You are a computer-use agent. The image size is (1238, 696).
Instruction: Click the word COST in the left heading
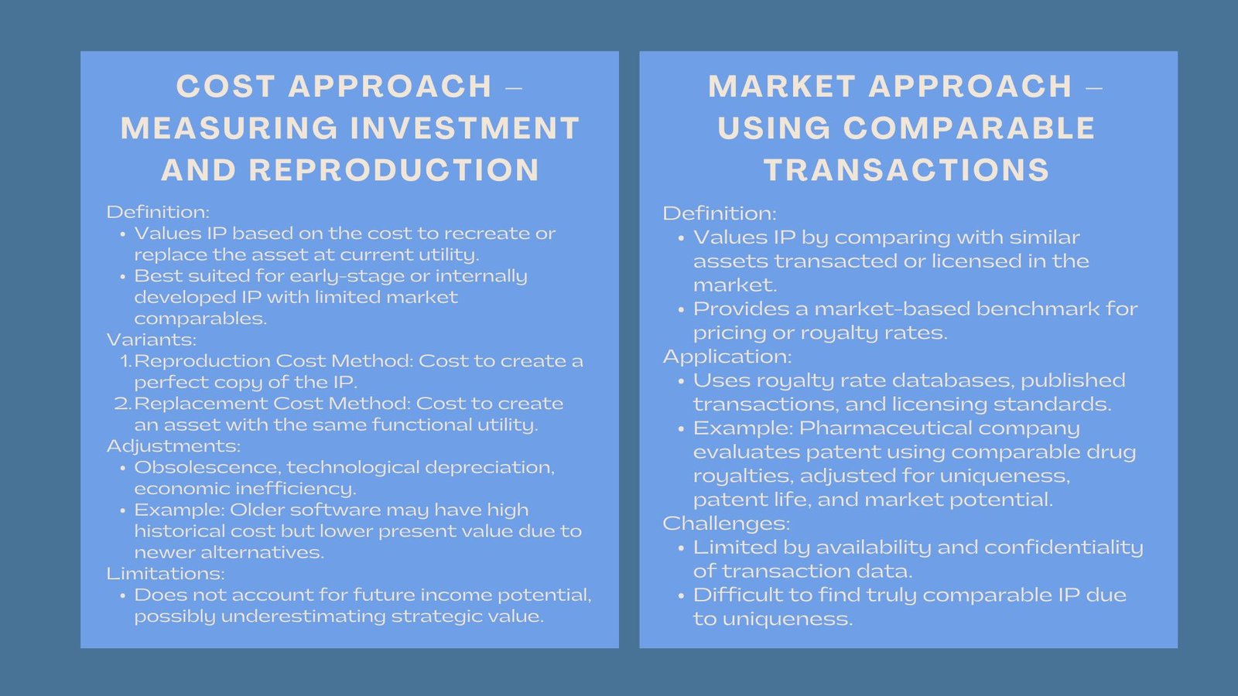pos(225,87)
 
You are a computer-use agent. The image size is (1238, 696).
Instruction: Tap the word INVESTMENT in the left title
pos(465,128)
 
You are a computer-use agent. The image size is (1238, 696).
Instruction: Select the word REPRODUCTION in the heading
pos(394,169)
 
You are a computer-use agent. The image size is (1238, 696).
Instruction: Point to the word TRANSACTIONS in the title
pos(906,169)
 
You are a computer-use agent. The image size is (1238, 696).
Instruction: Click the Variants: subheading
pos(152,339)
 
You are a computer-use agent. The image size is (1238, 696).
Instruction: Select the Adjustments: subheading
pos(173,445)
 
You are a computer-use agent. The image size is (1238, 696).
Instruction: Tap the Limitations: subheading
pos(166,573)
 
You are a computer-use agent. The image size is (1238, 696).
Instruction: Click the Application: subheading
pos(727,357)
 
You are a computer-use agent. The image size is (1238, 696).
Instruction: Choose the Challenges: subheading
pos(727,524)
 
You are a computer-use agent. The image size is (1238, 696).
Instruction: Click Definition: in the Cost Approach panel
pos(158,212)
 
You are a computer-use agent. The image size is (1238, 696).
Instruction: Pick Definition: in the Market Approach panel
pos(720,213)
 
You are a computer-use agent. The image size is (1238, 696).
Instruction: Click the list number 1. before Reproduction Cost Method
pos(126,361)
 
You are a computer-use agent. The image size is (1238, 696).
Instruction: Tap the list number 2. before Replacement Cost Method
pos(123,404)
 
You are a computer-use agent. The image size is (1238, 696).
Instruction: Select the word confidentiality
pos(1063,548)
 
